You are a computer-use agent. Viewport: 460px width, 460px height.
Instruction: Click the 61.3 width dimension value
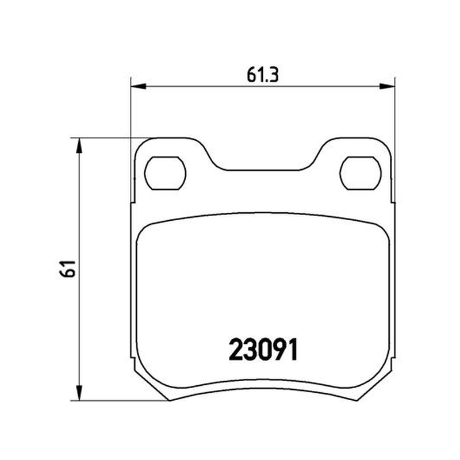[x=262, y=75]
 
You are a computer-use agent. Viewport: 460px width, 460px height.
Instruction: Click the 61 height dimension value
[x=67, y=269]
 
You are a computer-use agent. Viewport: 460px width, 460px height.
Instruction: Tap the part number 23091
[x=263, y=350]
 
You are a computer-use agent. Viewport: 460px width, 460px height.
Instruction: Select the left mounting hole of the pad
[x=165, y=173]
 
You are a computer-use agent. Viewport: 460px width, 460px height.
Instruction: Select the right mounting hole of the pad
[x=361, y=173]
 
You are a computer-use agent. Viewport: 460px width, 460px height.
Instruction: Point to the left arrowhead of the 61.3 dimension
[x=138, y=86]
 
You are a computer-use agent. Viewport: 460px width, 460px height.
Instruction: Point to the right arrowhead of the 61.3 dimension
[x=388, y=86]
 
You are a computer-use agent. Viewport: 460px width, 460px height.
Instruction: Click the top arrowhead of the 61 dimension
[x=79, y=145]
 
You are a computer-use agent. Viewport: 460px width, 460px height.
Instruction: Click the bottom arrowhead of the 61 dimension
[x=79, y=393]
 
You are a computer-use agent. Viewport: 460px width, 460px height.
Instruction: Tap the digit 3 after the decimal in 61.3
[x=273, y=75]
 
